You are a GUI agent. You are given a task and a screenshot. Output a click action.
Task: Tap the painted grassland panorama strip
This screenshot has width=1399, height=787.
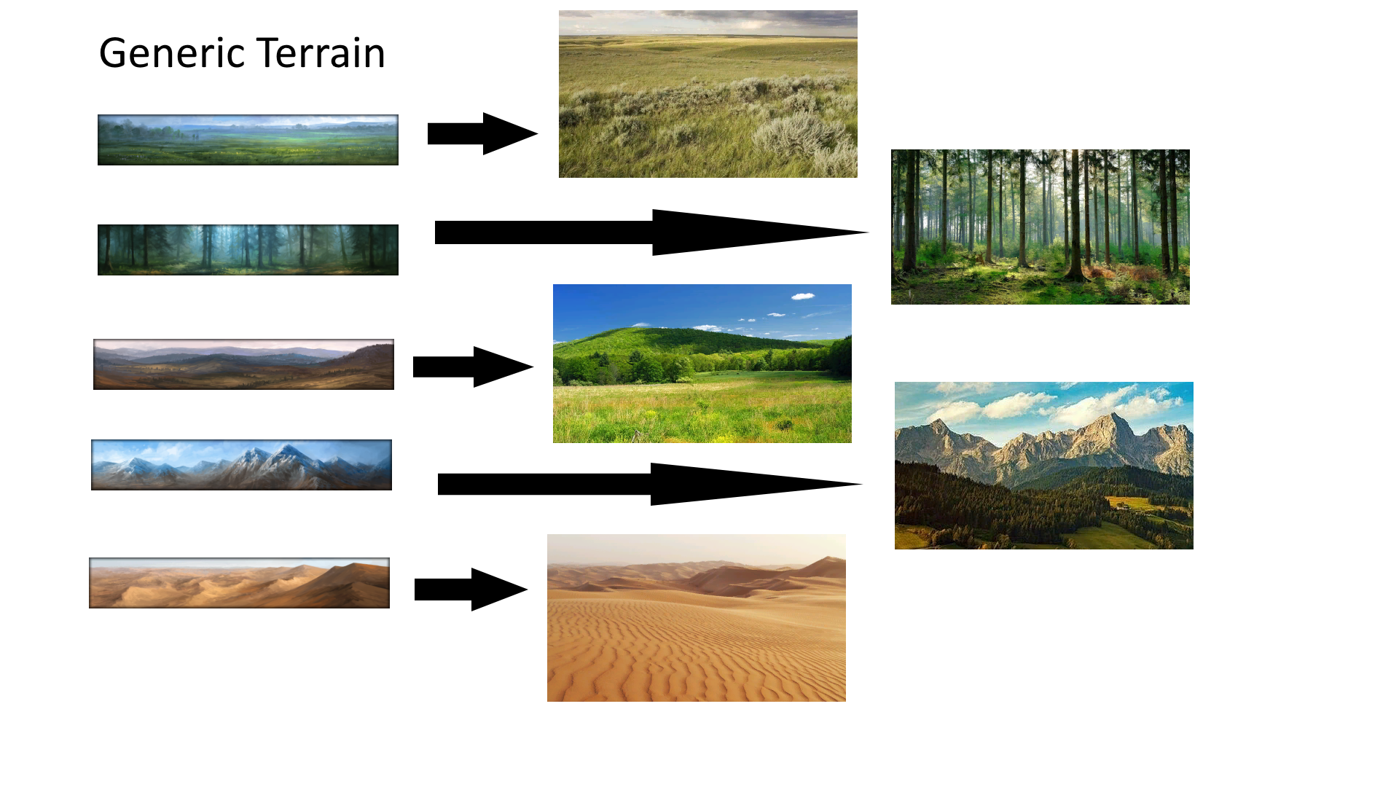point(248,140)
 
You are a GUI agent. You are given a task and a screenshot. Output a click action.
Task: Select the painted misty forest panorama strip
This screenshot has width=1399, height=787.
point(248,250)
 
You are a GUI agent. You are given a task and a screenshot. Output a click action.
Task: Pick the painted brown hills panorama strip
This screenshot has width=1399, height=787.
point(243,364)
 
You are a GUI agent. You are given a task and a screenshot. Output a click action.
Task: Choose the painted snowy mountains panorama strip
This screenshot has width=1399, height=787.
point(241,465)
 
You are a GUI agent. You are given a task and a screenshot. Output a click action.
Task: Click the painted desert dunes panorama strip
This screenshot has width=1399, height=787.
point(239,583)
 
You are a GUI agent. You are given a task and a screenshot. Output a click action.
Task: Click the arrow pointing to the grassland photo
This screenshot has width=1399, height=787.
point(482,133)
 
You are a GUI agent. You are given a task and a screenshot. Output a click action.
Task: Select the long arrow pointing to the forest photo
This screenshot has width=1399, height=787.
point(651,232)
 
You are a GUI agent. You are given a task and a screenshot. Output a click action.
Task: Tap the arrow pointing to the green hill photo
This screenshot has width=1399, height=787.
point(473,367)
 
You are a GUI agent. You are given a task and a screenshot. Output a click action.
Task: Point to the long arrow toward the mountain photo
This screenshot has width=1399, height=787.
point(650,484)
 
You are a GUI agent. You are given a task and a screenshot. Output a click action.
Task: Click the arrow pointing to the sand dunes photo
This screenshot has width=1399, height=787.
point(471,589)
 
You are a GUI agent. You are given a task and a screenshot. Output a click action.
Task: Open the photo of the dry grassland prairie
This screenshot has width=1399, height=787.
point(708,94)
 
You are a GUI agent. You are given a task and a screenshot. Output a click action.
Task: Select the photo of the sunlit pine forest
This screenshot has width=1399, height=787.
point(1041,227)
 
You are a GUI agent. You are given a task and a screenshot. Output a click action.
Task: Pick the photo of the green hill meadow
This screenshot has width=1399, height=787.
point(702,364)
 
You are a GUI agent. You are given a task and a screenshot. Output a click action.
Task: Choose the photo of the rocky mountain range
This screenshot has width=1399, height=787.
point(1044,466)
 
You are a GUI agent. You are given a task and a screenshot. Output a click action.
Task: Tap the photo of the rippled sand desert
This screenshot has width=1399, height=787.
point(697,618)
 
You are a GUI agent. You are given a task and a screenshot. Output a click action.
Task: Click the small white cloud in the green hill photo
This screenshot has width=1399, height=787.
point(803,296)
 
